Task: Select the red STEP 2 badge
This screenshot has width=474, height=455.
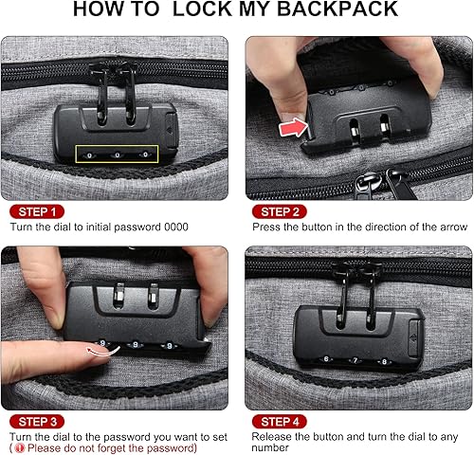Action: [281, 210]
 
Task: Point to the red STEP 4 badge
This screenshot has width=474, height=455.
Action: [281, 420]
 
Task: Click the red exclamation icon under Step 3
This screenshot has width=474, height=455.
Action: [17, 448]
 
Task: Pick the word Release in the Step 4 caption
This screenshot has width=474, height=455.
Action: [272, 436]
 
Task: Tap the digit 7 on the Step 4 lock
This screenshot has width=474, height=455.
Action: [353, 359]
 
